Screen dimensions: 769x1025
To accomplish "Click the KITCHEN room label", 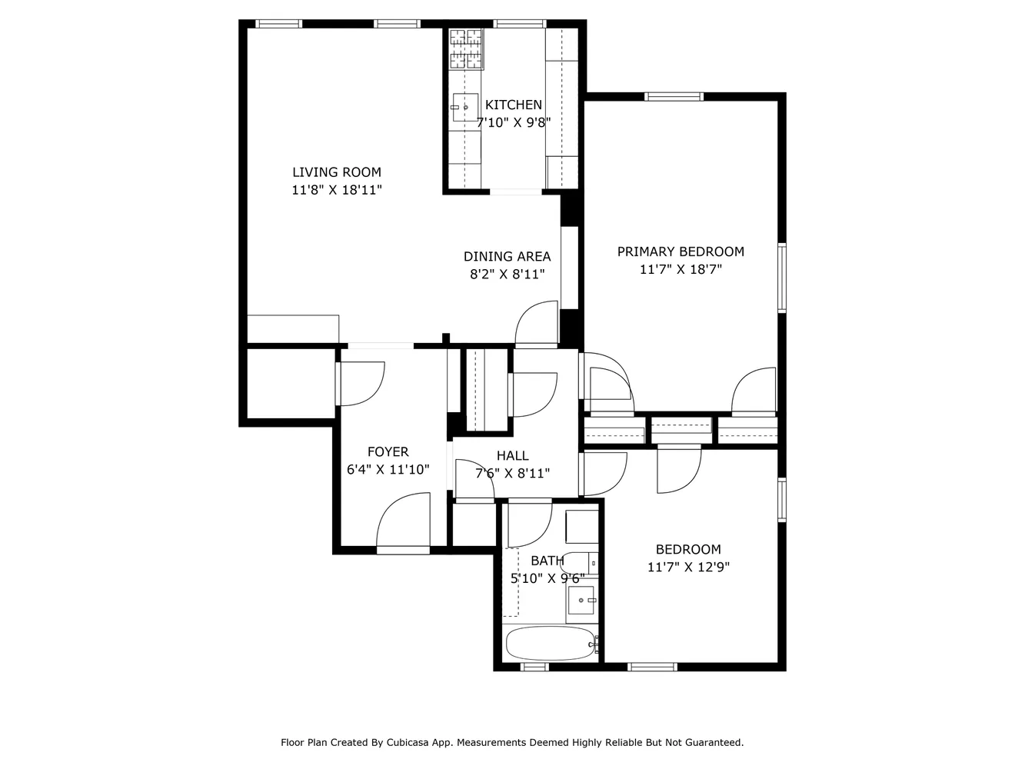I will point(513,105).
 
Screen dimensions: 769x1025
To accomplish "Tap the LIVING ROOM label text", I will point(336,172).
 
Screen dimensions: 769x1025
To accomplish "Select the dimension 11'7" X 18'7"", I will point(681,270).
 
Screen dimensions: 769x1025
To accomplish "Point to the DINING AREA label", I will point(507,257).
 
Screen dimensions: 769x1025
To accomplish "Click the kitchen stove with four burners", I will point(466,49).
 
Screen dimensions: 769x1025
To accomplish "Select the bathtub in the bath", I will point(550,643).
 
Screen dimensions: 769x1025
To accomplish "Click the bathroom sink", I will point(581,600).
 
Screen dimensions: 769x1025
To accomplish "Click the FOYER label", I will point(388,452).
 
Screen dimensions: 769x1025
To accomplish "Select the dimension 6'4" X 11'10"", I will point(388,470).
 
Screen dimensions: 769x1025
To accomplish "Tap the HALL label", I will point(512,456).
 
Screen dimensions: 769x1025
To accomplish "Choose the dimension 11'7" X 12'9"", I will point(688,568).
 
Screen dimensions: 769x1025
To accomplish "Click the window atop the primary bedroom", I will point(674,97).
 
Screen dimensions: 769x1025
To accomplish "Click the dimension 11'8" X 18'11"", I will point(337,190).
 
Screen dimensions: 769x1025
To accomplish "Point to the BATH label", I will point(547,561).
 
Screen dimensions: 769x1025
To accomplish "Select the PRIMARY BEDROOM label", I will point(681,251).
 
